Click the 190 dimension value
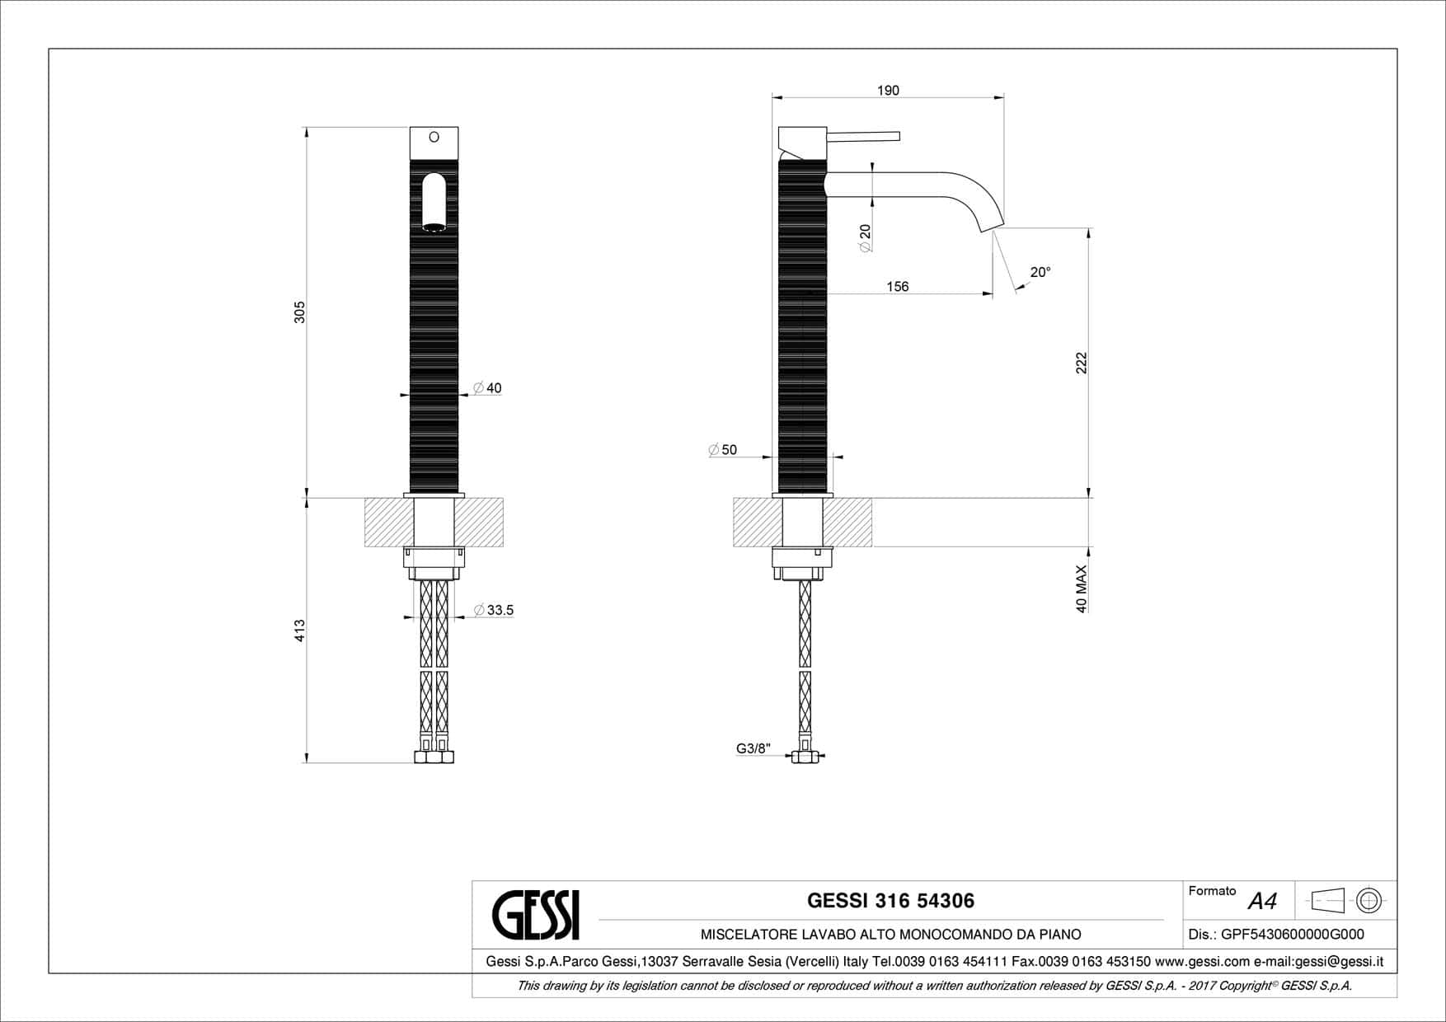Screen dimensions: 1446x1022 (888, 90)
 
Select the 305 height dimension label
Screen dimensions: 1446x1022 (300, 312)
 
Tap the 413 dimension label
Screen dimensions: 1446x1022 (300, 631)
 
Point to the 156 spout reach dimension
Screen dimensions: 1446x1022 (897, 286)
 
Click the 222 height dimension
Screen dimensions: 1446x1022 (1082, 363)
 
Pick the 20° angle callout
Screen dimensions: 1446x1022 (1040, 272)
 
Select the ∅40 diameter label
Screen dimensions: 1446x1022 (487, 388)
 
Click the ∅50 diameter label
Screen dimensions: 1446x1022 (722, 450)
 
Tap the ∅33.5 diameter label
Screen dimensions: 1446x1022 (494, 610)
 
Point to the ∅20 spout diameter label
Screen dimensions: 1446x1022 (865, 238)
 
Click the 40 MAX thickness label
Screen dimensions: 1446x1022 (1082, 588)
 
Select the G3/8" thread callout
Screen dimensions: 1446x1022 (753, 748)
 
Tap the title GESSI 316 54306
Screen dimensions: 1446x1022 (890, 901)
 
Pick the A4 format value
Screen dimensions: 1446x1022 (1262, 902)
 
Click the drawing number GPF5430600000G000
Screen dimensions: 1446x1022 (1292, 935)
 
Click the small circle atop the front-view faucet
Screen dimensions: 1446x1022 (434, 137)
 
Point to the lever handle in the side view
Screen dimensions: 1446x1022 (863, 136)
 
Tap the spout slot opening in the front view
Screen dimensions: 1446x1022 (434, 201)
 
